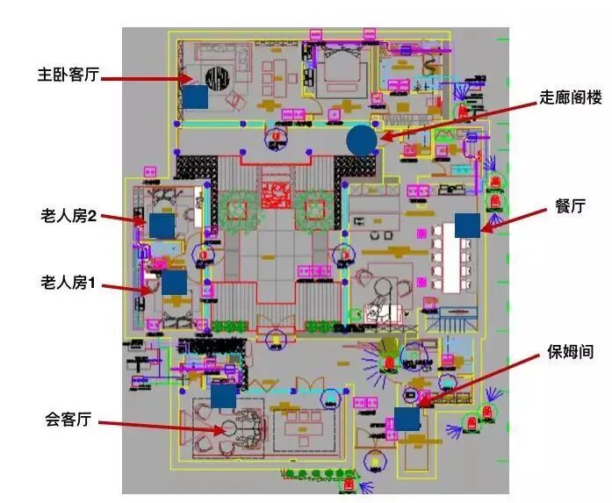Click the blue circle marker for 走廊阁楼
[x=361, y=139]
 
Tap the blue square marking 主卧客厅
[x=195, y=97]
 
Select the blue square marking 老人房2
[x=162, y=226]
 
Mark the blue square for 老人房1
[x=174, y=282]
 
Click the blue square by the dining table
[x=467, y=224]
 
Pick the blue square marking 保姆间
[x=407, y=418]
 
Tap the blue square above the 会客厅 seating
[x=223, y=397]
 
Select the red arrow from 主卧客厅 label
[x=145, y=80]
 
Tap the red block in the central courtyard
[x=276, y=192]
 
